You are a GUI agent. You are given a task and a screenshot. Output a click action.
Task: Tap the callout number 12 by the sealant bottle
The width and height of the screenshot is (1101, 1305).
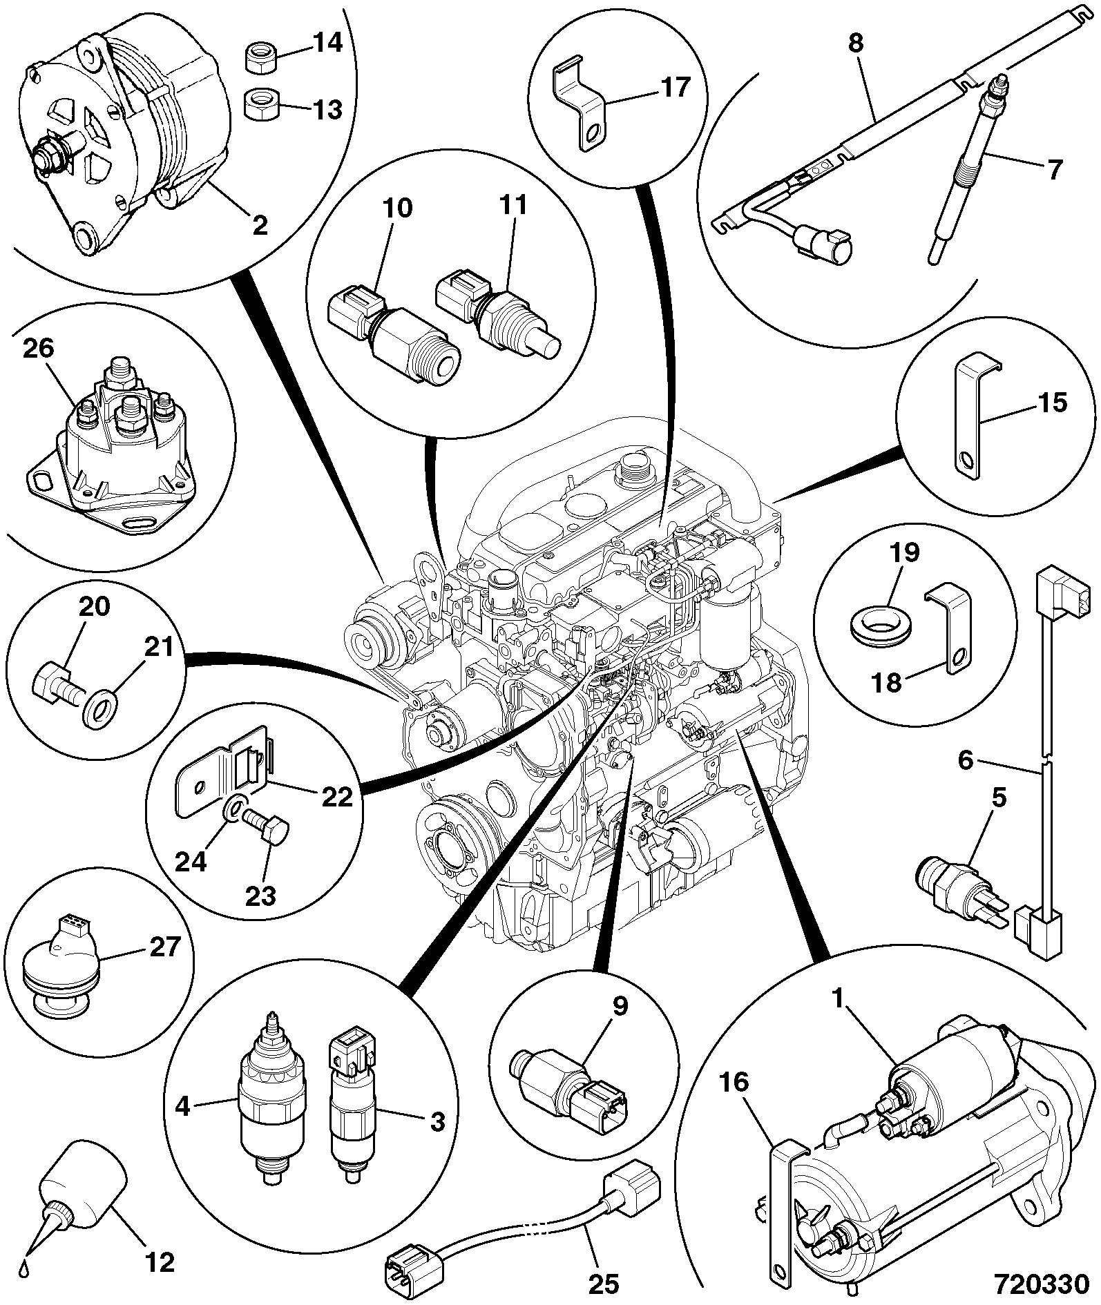point(160,1263)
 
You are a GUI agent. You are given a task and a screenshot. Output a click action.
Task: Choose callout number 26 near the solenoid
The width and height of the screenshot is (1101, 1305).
point(38,349)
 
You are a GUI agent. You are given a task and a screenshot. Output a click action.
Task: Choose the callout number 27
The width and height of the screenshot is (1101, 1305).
point(165,947)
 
